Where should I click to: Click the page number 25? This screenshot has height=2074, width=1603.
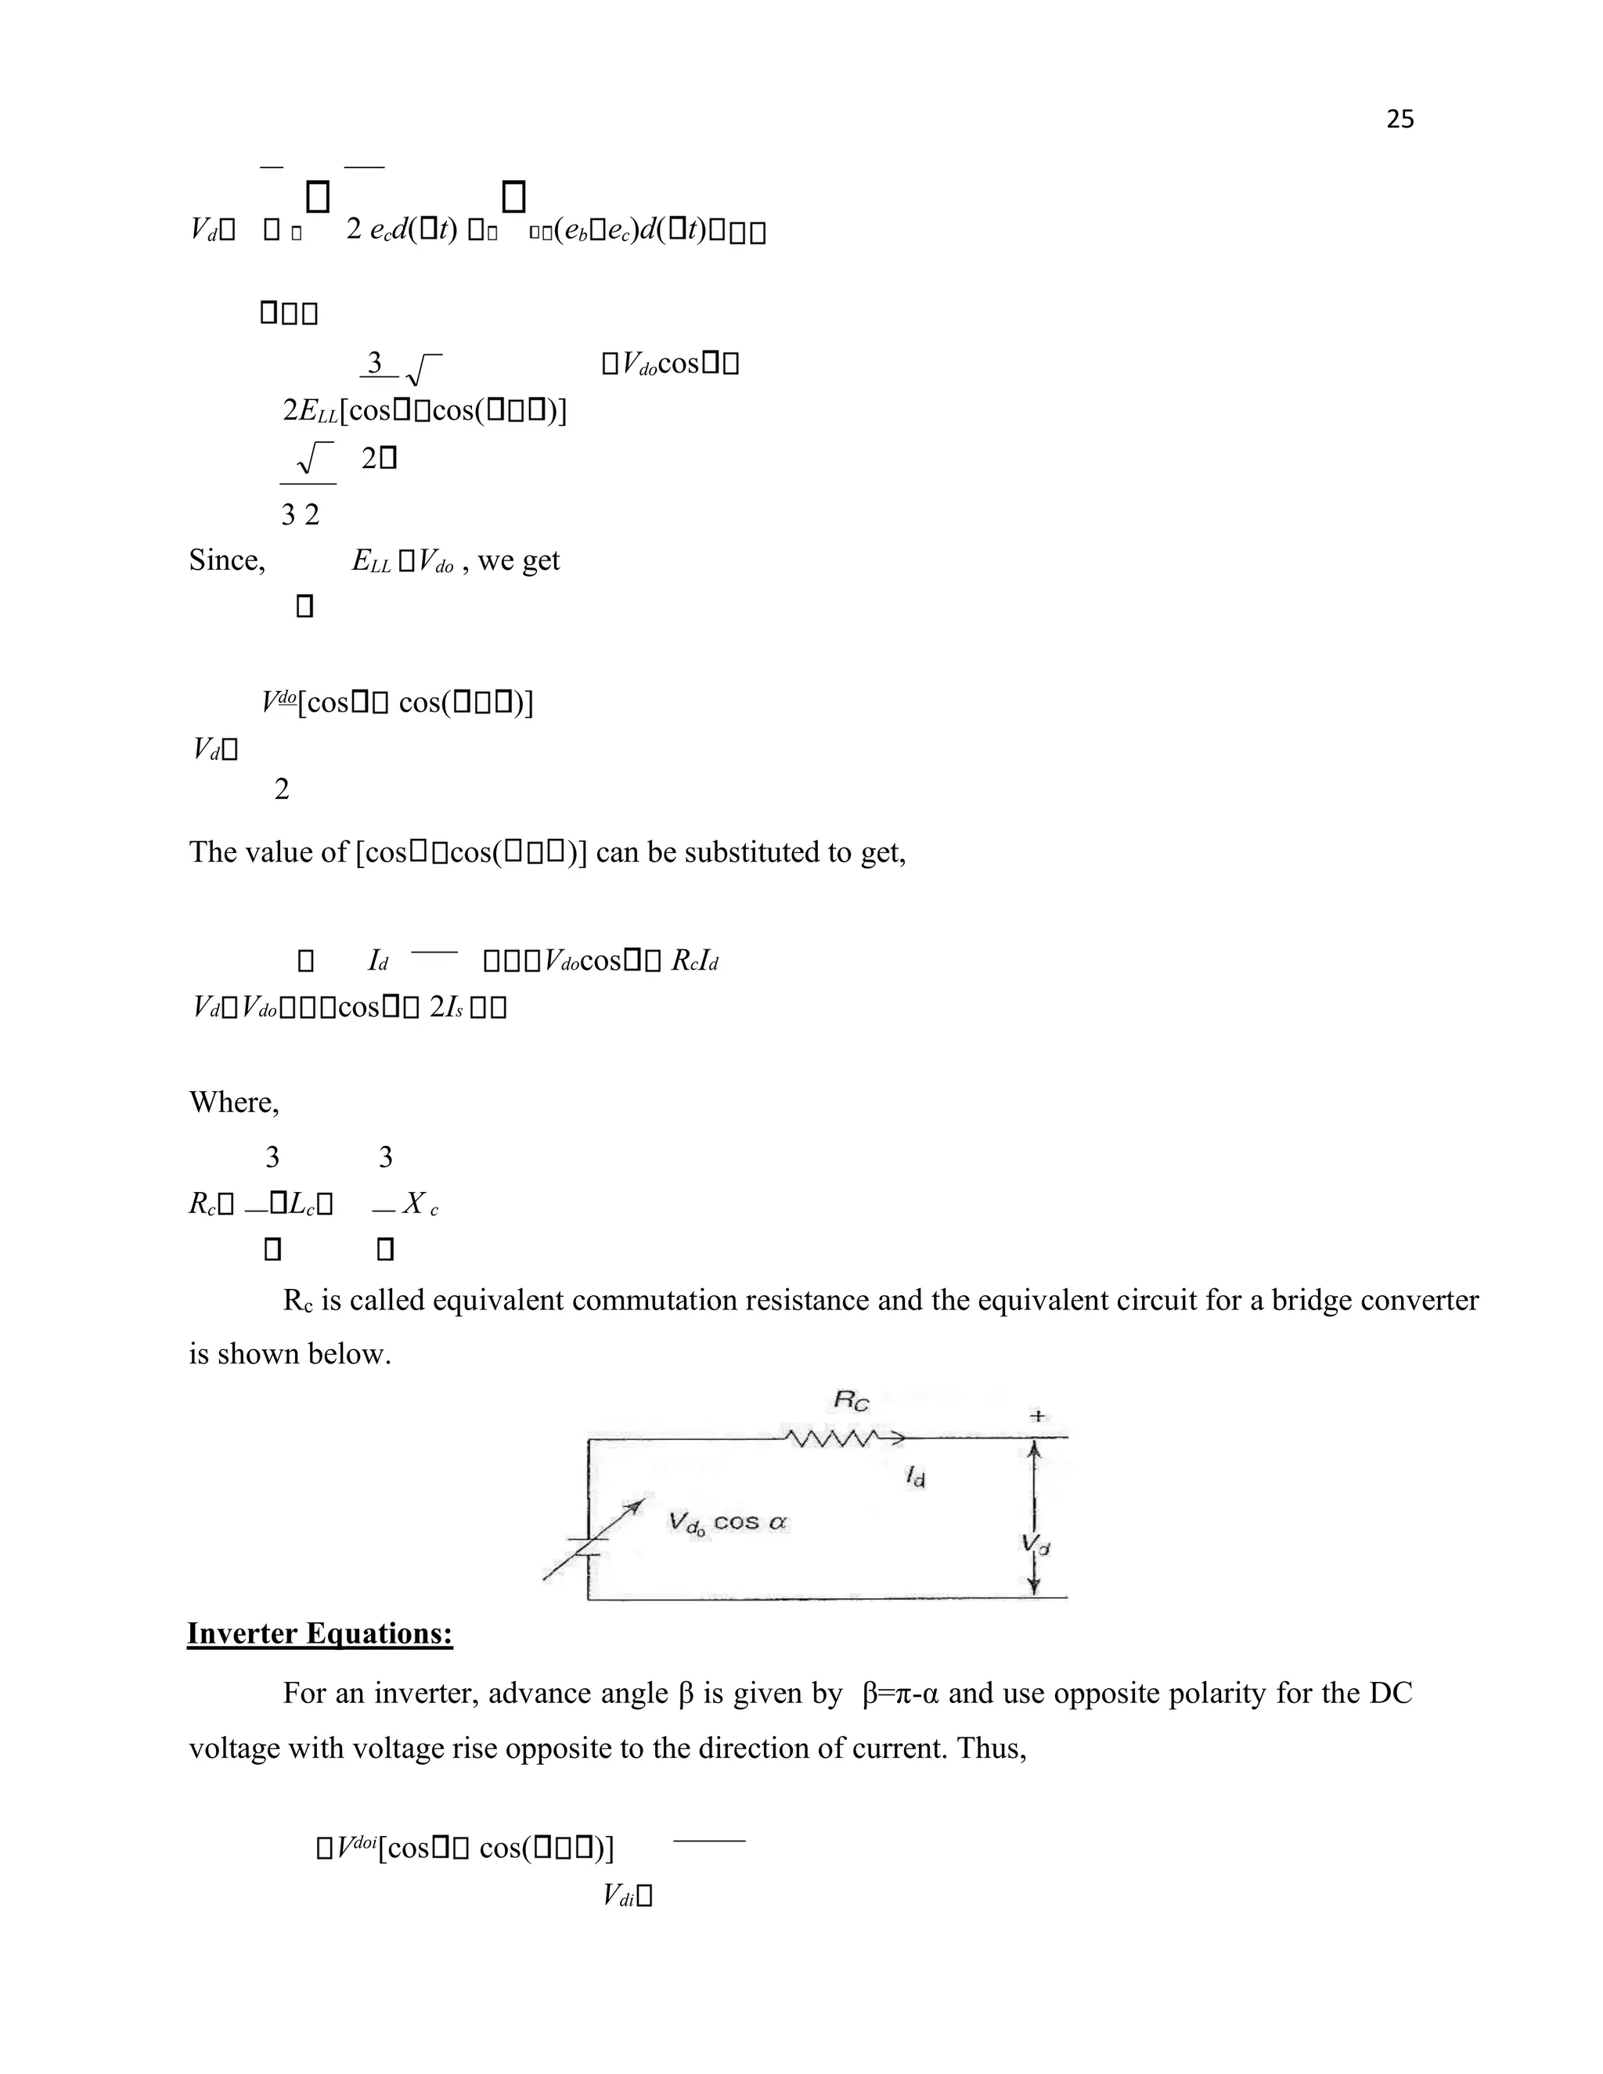coord(1399,119)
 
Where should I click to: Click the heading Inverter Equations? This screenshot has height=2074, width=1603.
coord(319,1633)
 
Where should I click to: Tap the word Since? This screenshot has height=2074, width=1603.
coord(226,560)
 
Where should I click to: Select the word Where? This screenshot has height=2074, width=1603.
coord(233,1103)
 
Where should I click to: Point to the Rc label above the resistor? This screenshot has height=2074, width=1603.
coord(851,1400)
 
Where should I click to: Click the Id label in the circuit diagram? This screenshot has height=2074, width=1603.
coord(914,1477)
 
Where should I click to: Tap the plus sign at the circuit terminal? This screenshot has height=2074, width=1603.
coord(1037,1416)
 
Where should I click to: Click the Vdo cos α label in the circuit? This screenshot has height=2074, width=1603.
coord(727,1523)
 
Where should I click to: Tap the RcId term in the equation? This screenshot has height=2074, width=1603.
coord(694,961)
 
